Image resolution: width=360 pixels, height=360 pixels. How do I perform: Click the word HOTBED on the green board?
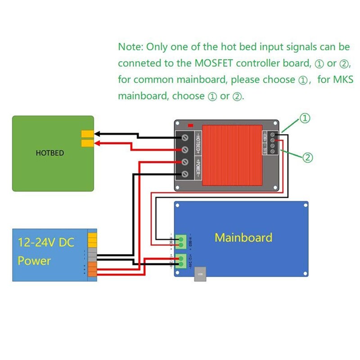[49, 153]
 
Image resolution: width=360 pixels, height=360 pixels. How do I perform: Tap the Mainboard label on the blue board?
[243, 238]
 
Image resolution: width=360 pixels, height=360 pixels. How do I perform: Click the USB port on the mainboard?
[200, 276]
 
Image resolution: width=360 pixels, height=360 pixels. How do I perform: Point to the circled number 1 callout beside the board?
[305, 118]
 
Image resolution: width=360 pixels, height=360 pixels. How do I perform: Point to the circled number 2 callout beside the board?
[307, 157]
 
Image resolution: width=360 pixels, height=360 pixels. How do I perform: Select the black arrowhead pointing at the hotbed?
[96, 133]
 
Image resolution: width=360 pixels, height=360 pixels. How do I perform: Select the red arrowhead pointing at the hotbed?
[96, 144]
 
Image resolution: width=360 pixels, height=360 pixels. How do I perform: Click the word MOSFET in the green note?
[211, 63]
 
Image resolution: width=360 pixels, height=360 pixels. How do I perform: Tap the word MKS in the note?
[343, 80]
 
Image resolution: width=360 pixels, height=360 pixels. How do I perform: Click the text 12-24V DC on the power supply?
[46, 243]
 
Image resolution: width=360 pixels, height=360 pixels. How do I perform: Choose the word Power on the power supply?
[34, 261]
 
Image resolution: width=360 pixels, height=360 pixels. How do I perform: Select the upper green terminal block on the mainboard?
[182, 241]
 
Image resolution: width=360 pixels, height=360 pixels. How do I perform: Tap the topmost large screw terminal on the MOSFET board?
[184, 137]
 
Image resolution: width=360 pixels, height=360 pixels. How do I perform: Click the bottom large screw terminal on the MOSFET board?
[184, 174]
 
